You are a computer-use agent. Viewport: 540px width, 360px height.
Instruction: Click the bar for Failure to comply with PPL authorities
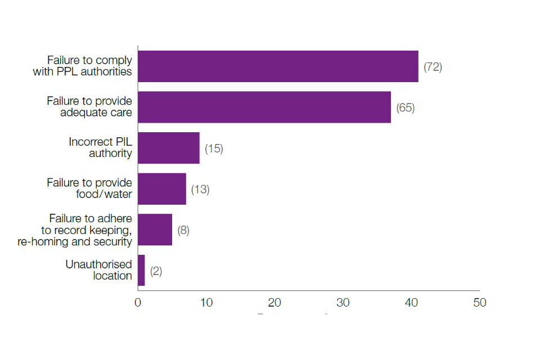point(278,66)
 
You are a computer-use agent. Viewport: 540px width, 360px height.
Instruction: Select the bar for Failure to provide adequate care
point(264,107)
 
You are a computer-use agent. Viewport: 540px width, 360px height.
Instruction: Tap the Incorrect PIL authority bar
point(169,148)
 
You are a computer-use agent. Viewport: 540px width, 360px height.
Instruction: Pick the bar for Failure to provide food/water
point(162,189)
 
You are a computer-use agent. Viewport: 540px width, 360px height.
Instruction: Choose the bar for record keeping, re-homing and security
point(155,229)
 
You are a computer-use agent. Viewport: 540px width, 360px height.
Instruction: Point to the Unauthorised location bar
point(141,271)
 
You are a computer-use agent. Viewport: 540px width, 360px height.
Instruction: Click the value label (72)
point(433,67)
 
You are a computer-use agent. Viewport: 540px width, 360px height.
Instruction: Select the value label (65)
point(406,107)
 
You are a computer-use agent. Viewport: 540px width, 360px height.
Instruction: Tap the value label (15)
point(214,148)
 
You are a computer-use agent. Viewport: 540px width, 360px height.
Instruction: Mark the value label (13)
point(200,190)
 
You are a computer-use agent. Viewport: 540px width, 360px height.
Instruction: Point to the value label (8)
point(183,230)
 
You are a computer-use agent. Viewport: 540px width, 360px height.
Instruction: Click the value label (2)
point(156,271)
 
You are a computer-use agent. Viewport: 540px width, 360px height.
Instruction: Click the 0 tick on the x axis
point(138,303)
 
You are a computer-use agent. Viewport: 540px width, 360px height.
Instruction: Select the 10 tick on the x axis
point(206,303)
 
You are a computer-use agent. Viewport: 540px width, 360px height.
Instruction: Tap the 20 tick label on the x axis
point(274,303)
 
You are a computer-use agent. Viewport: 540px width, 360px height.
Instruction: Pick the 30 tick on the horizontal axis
point(343,303)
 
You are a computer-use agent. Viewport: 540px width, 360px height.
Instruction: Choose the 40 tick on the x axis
point(411,303)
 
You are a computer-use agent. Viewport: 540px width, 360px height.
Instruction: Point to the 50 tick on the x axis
point(479,303)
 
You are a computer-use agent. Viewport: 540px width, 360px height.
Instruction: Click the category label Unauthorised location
point(99,270)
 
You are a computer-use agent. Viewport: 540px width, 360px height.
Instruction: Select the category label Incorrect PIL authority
point(101,147)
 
